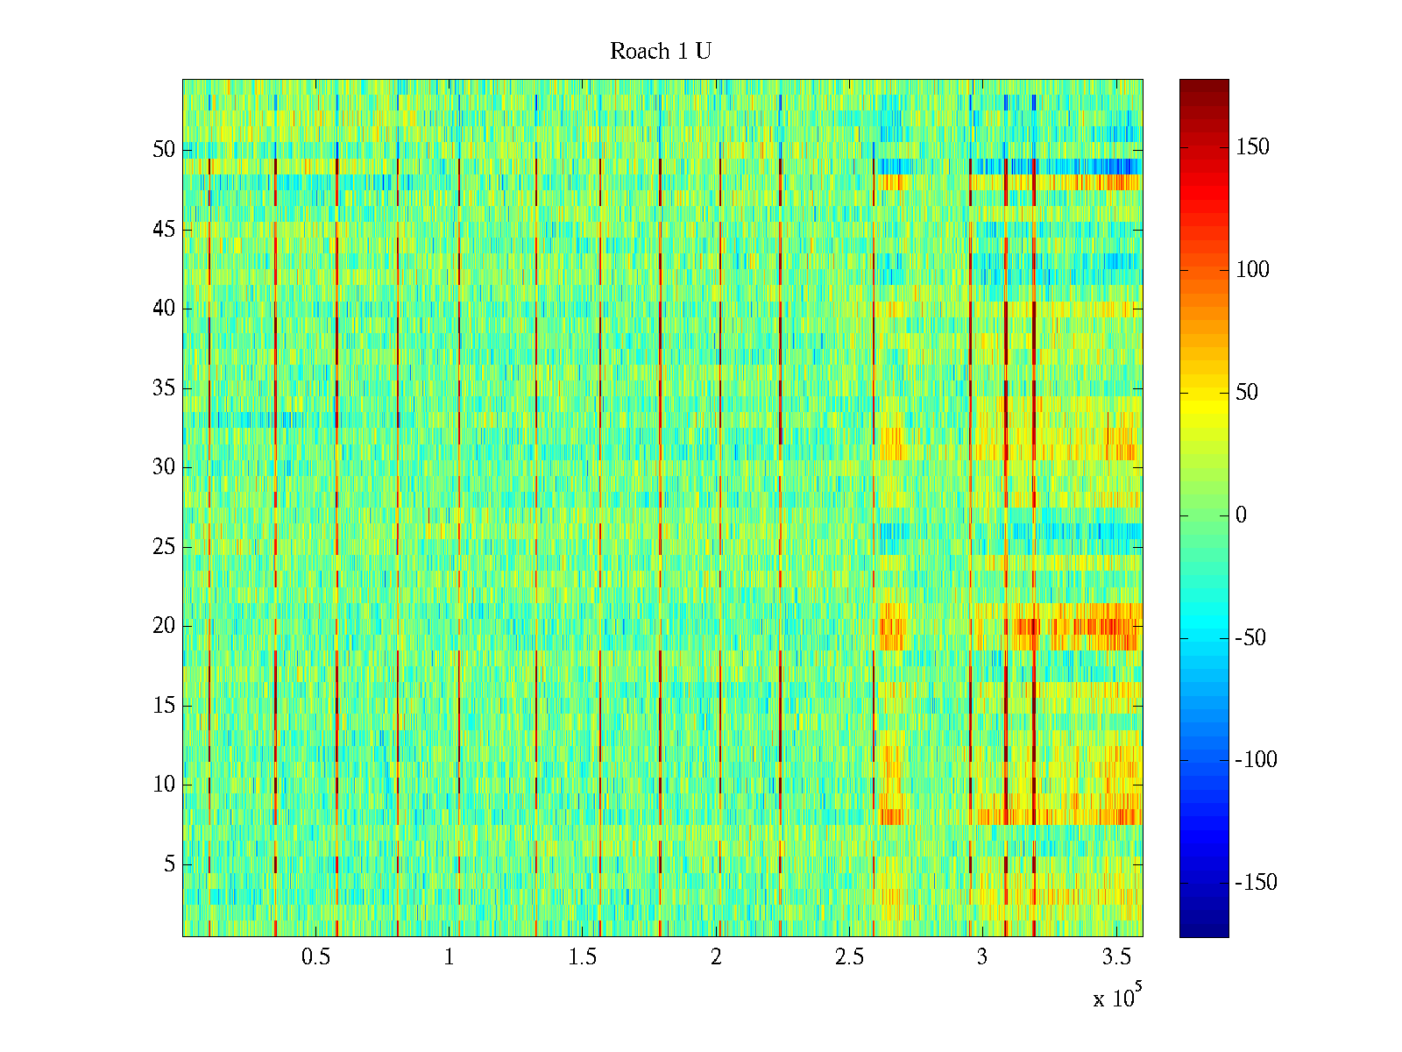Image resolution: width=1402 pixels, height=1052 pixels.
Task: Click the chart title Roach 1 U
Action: [661, 52]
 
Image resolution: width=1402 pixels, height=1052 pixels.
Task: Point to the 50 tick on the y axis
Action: [164, 150]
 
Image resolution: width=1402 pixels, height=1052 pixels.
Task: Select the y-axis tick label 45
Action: [164, 230]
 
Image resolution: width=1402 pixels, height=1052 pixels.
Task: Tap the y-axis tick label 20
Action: [164, 626]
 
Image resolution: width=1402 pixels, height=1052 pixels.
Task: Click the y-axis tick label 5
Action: [169, 864]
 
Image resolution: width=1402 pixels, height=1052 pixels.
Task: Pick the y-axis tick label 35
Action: [164, 388]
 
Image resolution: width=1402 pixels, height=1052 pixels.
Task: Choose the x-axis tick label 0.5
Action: [316, 957]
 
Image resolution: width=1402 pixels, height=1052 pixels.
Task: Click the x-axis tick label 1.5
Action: [583, 957]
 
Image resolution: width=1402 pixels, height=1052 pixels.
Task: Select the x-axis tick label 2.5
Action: [849, 957]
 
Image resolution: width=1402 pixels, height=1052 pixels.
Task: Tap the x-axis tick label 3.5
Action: [1115, 957]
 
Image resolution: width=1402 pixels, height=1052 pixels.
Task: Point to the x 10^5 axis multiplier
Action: [1117, 998]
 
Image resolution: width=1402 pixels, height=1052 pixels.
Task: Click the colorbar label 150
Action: [1252, 147]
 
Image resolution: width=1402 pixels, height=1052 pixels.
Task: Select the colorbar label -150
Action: [1256, 883]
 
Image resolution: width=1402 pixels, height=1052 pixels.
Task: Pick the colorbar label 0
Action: [1241, 515]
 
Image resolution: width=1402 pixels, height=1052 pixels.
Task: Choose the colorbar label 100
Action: [1252, 270]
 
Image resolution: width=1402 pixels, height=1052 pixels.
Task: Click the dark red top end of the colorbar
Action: [1204, 85]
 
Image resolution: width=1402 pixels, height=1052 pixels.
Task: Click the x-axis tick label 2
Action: [716, 957]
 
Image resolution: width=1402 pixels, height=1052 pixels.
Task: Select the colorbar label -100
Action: [1256, 760]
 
